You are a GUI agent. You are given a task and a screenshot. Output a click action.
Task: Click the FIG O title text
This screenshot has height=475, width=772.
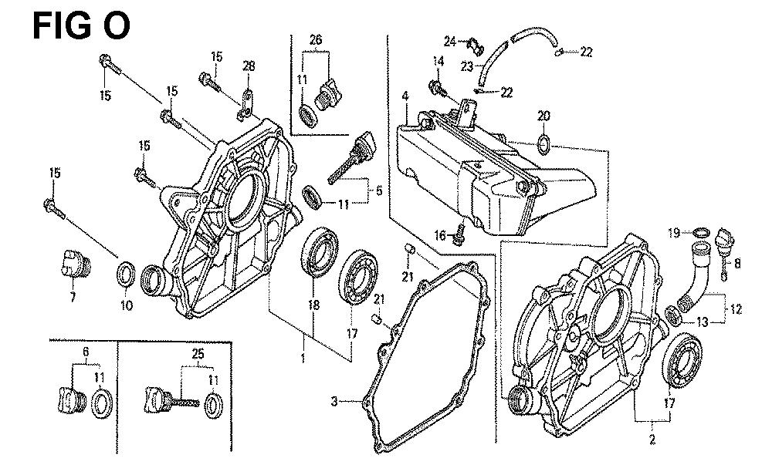click(81, 25)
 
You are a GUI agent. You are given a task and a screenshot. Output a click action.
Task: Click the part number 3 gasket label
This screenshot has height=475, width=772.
click(334, 401)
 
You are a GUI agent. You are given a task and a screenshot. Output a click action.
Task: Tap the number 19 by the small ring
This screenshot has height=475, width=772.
click(673, 231)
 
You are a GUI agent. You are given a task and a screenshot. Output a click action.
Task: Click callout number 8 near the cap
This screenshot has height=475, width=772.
click(737, 263)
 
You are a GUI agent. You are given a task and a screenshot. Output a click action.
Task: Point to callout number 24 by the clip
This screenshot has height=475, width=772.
click(450, 40)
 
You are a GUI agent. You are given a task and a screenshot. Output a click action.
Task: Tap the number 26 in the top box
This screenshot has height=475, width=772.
click(316, 39)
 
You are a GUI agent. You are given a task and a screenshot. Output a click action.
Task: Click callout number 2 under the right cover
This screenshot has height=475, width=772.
click(652, 440)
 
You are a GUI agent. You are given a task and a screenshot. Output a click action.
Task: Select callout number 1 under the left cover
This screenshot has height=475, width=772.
click(303, 358)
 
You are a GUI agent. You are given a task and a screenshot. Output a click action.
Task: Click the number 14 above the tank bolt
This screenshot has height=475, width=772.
click(438, 61)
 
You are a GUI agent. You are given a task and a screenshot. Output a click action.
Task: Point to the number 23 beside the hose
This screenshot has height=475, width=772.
click(467, 66)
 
